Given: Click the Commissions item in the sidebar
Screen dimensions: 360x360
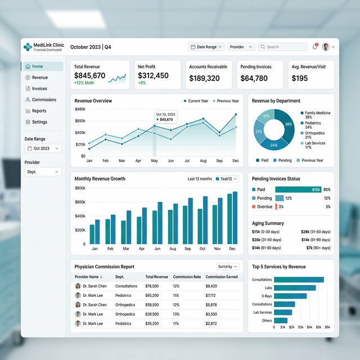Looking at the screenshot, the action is click(x=41, y=100).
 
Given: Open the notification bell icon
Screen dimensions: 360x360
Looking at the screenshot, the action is click(x=314, y=47).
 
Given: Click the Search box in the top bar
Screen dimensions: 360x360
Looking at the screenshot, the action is click(x=282, y=47).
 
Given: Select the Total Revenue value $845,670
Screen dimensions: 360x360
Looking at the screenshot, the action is click(x=89, y=75).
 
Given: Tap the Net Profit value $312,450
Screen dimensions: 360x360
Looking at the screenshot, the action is click(x=153, y=75).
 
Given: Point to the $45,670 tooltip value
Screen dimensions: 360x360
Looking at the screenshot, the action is click(x=166, y=119).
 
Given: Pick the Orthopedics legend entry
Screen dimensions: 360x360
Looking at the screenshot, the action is click(x=315, y=135).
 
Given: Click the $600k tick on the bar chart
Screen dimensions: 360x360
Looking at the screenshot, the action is click(x=80, y=202).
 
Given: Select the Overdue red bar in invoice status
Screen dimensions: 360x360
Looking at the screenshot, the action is click(x=276, y=206).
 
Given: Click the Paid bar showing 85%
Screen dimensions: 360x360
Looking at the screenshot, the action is click(x=298, y=190).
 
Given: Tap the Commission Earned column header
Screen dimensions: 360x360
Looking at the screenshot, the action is click(x=222, y=277).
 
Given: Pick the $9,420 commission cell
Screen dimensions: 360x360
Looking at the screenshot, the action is click(x=211, y=286).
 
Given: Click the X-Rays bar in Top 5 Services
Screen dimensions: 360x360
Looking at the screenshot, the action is click(x=290, y=296).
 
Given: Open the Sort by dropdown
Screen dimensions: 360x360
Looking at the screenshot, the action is click(x=227, y=267).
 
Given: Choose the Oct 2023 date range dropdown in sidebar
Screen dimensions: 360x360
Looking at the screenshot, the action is click(x=43, y=148).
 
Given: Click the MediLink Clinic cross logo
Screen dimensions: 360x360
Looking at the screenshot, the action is click(x=28, y=47).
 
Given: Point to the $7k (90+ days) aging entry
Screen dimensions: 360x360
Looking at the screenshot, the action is click(x=318, y=248).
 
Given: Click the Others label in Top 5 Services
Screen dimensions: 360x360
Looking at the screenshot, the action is click(x=267, y=321).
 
